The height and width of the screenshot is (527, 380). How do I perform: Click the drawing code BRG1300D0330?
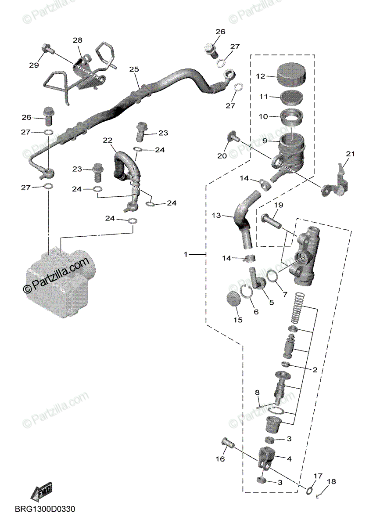[45, 509]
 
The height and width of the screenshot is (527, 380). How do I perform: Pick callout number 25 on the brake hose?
[134, 69]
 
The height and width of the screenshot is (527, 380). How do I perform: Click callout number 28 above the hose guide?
[78, 40]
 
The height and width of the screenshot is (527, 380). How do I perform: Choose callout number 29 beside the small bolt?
[34, 65]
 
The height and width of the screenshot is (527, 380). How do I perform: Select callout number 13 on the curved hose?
[216, 216]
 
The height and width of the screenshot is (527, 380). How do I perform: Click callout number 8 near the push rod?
[257, 392]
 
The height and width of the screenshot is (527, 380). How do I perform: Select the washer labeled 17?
[310, 490]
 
